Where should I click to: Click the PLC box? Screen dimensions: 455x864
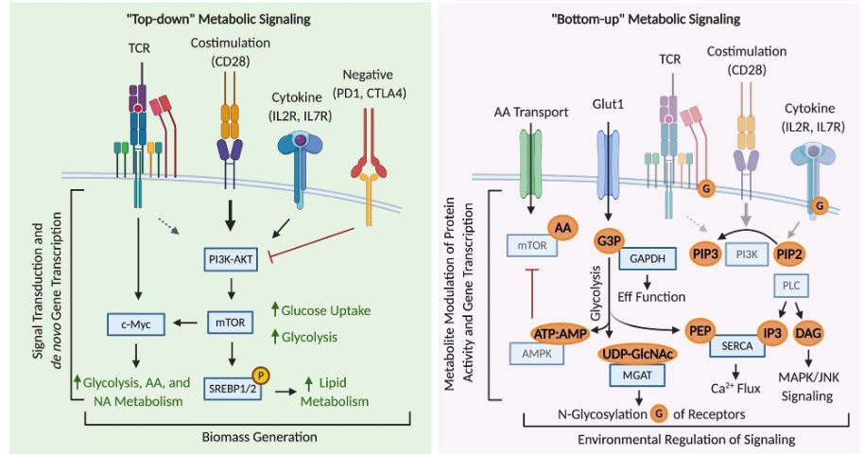(789, 284)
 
